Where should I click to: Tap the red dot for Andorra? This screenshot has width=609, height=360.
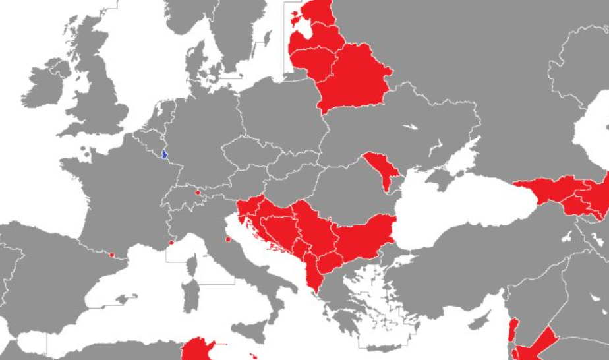pyautogui.click(x=112, y=255)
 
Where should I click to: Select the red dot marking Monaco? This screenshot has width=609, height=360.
pyautogui.click(x=171, y=243)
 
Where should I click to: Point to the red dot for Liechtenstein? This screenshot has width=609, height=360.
pyautogui.click(x=198, y=193)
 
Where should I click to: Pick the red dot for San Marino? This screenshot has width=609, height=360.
pyautogui.click(x=228, y=239)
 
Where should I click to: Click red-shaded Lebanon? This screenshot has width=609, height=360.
pyautogui.click(x=513, y=329)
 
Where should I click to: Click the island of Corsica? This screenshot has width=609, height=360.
pyautogui.click(x=191, y=268)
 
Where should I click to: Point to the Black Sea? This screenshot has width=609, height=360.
pyautogui.click(x=461, y=204)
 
